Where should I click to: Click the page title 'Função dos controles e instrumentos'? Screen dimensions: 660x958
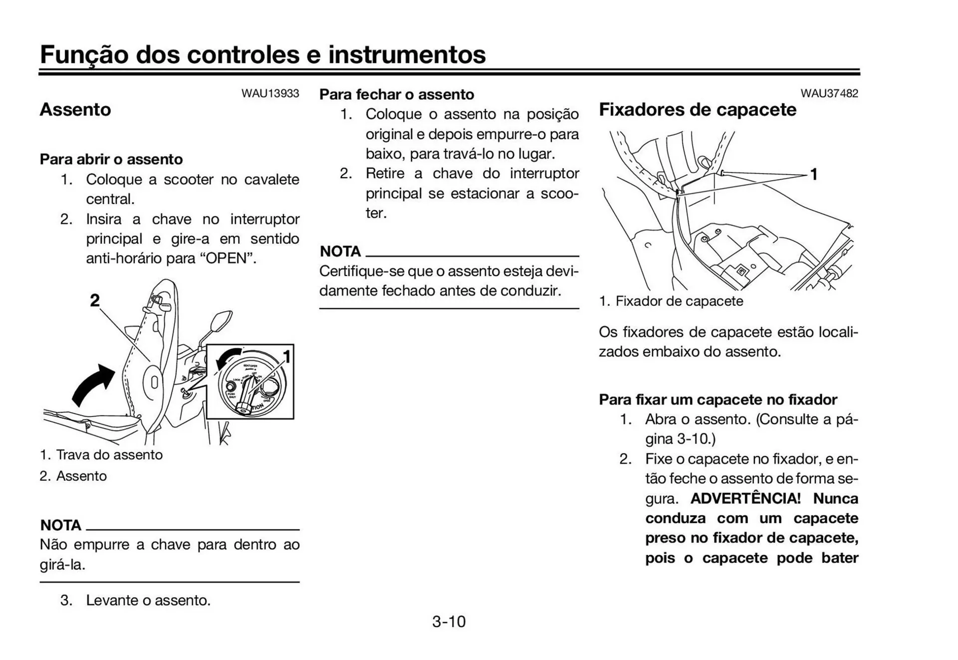(x=262, y=54)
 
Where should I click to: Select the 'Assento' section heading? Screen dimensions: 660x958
(x=75, y=109)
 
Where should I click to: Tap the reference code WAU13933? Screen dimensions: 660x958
(x=270, y=93)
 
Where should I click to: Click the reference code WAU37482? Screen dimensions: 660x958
(x=829, y=93)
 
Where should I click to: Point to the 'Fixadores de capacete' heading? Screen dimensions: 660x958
(x=697, y=109)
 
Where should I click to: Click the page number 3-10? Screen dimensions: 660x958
(x=449, y=622)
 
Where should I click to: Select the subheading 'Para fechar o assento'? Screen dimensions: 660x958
(x=397, y=94)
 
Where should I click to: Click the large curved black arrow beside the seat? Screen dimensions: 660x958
(x=93, y=386)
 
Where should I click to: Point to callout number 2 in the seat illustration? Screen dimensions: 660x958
(x=95, y=300)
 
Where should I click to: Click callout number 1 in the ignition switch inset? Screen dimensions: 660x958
(x=287, y=357)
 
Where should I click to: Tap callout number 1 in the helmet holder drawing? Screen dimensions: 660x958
(x=814, y=175)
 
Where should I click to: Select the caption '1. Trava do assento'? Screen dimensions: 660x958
(x=101, y=454)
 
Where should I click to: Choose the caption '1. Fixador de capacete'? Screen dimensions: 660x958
(x=671, y=301)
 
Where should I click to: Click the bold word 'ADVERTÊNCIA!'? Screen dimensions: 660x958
(x=745, y=498)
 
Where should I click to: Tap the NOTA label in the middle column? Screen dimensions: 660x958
(x=340, y=251)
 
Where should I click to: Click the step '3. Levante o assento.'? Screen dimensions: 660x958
(x=135, y=600)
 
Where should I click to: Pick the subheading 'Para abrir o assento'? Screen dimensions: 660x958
(x=111, y=159)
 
